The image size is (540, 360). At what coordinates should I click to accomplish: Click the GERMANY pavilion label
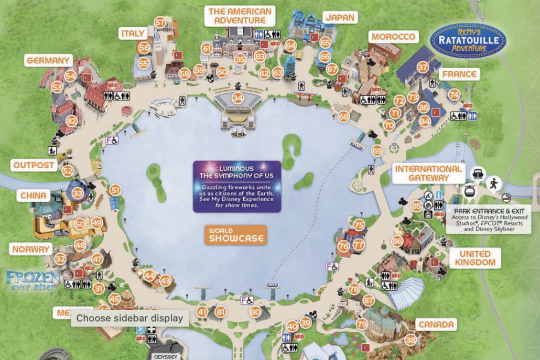[x=49, y=61]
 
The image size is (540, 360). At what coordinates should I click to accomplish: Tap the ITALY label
[x=133, y=34]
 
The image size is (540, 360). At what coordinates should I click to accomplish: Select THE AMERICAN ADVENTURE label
[x=240, y=16]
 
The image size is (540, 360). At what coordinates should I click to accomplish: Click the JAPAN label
[x=340, y=17]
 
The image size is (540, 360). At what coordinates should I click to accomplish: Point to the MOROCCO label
[x=393, y=37]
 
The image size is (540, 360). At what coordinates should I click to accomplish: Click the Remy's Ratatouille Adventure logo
[x=468, y=40]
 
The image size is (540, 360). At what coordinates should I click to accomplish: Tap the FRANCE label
[x=459, y=74]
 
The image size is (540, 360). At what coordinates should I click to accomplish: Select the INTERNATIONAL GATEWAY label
[x=428, y=173]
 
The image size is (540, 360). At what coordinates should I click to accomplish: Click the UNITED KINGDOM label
[x=475, y=258]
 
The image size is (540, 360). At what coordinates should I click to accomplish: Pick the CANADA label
[x=436, y=324]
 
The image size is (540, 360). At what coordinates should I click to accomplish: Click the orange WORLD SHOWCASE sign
[x=236, y=235]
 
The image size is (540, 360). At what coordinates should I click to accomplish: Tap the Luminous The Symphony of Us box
[x=237, y=186]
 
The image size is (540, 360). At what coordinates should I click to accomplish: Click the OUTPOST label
[x=34, y=165]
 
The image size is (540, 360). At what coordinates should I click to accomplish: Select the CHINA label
[x=33, y=196]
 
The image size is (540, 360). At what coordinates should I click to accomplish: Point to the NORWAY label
[x=31, y=249]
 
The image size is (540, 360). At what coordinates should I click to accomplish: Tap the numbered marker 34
[x=238, y=98]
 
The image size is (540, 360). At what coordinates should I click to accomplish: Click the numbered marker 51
[x=115, y=190]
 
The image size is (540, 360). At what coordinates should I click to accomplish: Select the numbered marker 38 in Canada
[x=410, y=340]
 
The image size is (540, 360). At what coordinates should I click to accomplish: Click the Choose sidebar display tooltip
[x=130, y=318]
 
